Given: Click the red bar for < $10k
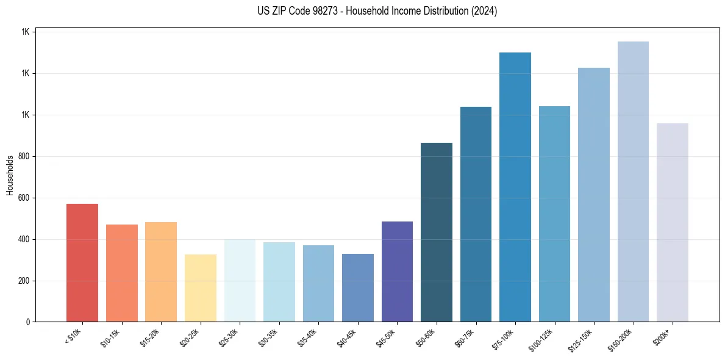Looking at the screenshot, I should (x=82, y=262).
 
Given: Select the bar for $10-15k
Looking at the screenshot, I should (x=121, y=273).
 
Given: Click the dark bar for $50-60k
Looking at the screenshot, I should (x=437, y=232).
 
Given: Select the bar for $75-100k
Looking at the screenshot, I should (x=515, y=187).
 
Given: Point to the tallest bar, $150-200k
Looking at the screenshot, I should (x=633, y=181).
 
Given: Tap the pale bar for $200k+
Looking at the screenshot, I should (x=673, y=222).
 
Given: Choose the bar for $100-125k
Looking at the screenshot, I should (x=554, y=214).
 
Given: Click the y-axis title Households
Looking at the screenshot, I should (x=10, y=176).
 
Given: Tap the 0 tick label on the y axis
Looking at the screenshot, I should (x=27, y=322).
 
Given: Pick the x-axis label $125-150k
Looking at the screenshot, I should (x=582, y=338).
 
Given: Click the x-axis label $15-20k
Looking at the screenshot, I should (x=150, y=336).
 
